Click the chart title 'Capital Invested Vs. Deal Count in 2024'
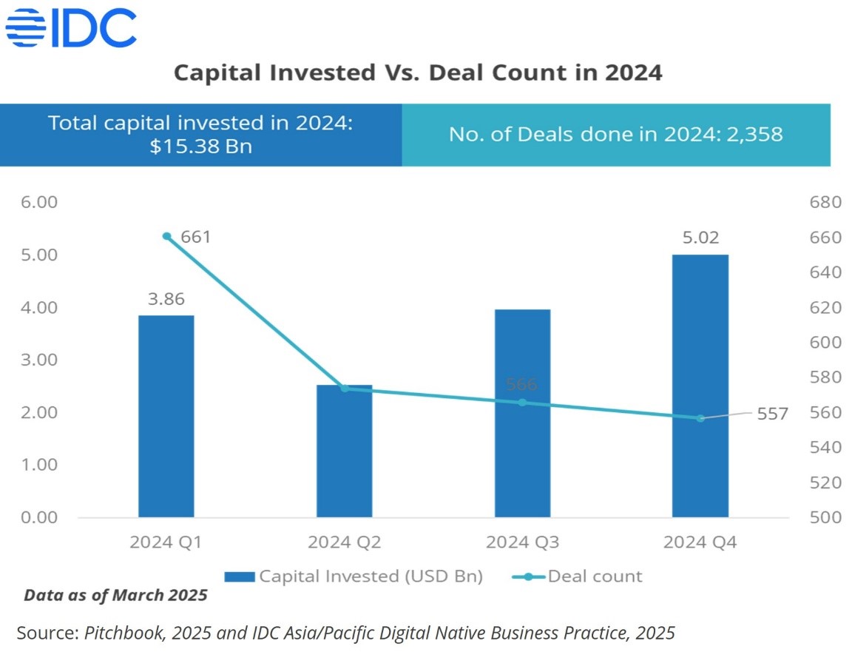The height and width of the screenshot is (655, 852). pyautogui.click(x=417, y=73)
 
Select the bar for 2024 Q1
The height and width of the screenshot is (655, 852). pyautogui.click(x=166, y=416)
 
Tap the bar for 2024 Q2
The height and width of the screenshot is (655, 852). pyautogui.click(x=344, y=451)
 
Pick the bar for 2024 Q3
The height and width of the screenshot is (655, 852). pyautogui.click(x=522, y=413)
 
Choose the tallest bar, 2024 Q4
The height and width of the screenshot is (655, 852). pyautogui.click(x=700, y=386)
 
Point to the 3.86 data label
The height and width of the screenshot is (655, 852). pyautogui.click(x=166, y=300)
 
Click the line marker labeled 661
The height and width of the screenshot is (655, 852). pyautogui.click(x=166, y=237)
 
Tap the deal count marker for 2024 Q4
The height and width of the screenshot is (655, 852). pyautogui.click(x=700, y=418)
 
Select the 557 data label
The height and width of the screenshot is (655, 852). pyautogui.click(x=772, y=414)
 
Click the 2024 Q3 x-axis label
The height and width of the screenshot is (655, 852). pyautogui.click(x=522, y=543)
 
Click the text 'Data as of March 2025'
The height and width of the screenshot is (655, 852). pyautogui.click(x=115, y=595)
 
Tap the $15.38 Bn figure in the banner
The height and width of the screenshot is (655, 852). pyautogui.click(x=200, y=146)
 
